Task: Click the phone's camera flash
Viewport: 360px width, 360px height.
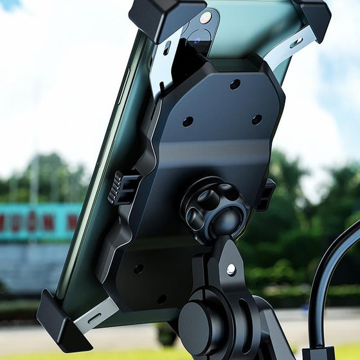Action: tap(205, 17)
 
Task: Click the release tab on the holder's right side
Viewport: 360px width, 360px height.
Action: tap(265, 194)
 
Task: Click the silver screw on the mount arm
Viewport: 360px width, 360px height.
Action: tap(230, 269)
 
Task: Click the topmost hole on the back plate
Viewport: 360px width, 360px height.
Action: tap(235, 84)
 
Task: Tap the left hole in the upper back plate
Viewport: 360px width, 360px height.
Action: tap(188, 121)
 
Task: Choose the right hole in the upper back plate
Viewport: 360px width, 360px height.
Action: tap(257, 119)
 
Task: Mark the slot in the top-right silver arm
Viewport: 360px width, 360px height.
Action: tap(296, 43)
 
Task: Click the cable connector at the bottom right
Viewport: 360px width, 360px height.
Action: tap(319, 353)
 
